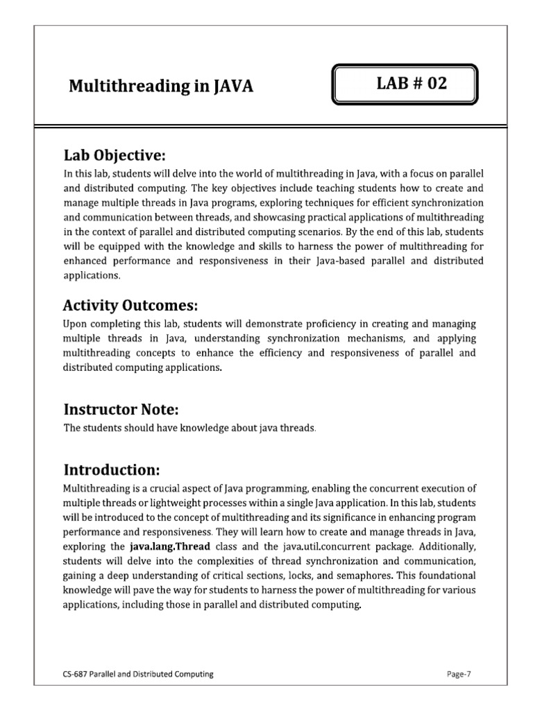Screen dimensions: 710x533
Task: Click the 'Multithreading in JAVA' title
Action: tap(161, 87)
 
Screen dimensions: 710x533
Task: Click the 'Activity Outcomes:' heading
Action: tap(130, 305)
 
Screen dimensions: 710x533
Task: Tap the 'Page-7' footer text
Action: tap(458, 673)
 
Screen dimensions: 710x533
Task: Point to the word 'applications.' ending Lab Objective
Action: tap(92, 275)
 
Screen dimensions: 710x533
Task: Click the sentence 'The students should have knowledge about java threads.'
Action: tap(190, 428)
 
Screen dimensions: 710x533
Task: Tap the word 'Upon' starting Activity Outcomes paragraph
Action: tap(75, 324)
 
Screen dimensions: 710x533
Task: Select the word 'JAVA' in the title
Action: tap(235, 87)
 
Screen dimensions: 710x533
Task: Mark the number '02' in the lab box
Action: tap(434, 85)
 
